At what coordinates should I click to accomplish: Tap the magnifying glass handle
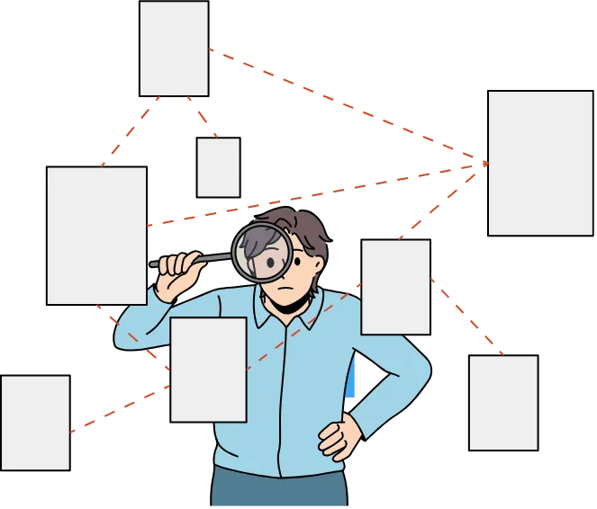[213, 259]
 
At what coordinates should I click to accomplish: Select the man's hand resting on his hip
[339, 438]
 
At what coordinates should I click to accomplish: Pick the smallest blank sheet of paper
[218, 167]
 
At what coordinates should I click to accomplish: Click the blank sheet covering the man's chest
[208, 369]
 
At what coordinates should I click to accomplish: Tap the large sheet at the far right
[540, 162]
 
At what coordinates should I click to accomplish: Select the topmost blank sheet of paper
[173, 49]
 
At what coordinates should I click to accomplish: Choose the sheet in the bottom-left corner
[35, 423]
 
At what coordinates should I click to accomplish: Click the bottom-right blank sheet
[503, 402]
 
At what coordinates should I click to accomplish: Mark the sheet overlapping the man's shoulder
[395, 287]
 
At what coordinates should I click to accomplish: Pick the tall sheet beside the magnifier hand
[96, 236]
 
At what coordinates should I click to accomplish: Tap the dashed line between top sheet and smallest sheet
[202, 116]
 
